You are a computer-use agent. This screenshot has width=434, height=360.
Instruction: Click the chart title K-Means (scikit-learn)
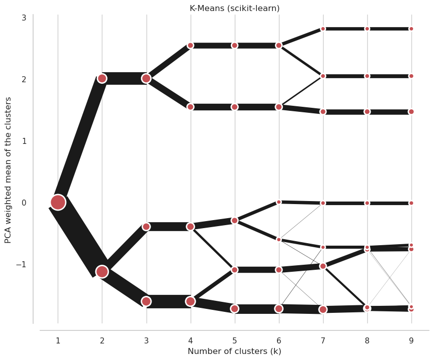[234, 9]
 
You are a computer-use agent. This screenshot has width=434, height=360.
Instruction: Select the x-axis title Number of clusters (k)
[234, 351]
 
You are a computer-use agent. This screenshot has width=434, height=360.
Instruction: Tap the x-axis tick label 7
[323, 340]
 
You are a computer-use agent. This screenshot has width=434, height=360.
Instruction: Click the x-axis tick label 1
[58, 340]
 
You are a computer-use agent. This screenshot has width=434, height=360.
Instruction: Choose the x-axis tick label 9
[411, 340]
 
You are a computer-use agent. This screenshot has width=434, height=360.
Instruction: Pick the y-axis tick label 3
[24, 18]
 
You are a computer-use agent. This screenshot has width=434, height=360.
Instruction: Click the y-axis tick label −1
[21, 264]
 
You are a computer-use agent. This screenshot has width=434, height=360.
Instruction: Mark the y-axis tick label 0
[24, 203]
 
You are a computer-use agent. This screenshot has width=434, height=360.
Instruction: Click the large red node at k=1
[58, 203]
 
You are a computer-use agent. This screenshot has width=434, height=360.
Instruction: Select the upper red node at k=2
[102, 79]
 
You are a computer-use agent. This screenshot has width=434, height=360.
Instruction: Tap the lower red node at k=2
[102, 272]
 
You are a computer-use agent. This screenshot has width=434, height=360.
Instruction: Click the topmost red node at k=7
[323, 29]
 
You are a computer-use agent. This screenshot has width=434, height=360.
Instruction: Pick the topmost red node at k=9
[411, 29]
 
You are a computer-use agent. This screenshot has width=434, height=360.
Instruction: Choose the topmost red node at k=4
[191, 45]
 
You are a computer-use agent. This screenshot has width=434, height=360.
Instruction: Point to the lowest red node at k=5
[235, 308]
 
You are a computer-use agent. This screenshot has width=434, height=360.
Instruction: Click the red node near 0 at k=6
[279, 202]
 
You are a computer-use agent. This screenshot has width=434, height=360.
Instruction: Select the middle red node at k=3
[146, 227]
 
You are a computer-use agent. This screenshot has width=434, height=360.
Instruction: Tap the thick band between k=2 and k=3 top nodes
[124, 79]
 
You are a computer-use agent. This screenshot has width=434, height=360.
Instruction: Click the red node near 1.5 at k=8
[367, 112]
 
